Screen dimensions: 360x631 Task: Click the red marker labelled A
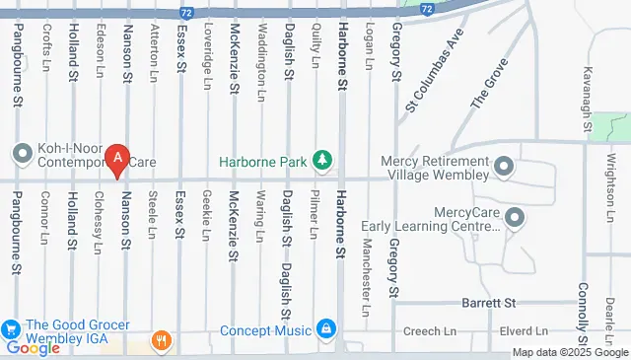coord(118,158)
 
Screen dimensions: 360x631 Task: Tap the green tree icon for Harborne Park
coord(320,160)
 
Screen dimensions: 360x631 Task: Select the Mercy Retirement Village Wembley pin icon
coord(505,165)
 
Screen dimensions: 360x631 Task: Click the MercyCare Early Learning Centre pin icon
coord(514,216)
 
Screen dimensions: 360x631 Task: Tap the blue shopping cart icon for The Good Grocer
coord(12,328)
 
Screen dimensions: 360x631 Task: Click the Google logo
coord(33,348)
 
